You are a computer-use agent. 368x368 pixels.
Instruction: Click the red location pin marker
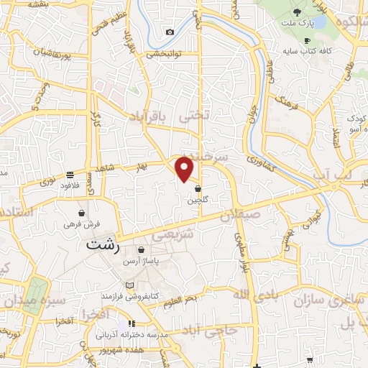pos(185,168)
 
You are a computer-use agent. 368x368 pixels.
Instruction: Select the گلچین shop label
pos(198,201)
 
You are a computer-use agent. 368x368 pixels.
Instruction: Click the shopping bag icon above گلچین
pos(198,189)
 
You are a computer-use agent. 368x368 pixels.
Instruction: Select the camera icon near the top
pos(170,32)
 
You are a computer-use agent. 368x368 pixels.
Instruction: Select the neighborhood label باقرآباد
pos(154,116)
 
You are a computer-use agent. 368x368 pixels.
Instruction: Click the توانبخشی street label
pos(165,54)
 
